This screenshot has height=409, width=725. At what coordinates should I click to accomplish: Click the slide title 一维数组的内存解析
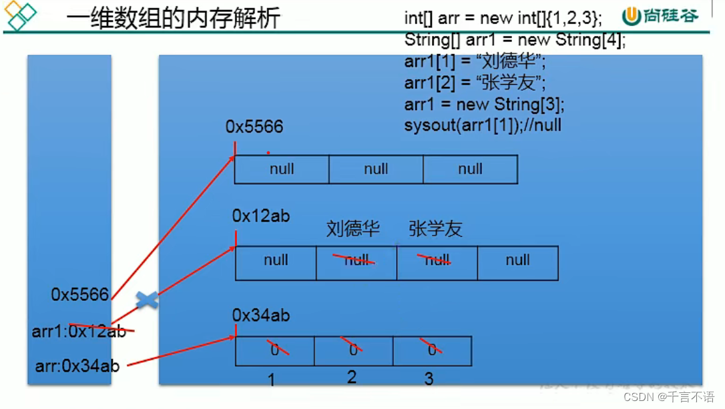[x=173, y=18]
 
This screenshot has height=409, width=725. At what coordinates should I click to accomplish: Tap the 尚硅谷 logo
[x=660, y=16]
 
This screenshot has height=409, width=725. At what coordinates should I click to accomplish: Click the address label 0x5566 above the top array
[x=254, y=127]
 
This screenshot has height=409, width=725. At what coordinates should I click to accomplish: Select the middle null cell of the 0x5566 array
[x=376, y=169]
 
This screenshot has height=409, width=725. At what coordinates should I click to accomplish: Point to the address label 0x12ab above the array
[x=260, y=216]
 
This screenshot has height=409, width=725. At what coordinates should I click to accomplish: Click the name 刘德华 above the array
[x=353, y=230]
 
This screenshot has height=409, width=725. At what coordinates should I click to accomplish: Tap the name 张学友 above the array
[x=435, y=230]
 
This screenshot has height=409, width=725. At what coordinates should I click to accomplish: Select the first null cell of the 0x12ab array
[x=276, y=261]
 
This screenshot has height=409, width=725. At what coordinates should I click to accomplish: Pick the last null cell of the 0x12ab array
[x=517, y=261]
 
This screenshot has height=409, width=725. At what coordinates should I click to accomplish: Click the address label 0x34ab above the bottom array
[x=260, y=316]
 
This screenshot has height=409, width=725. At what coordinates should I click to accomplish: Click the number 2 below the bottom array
[x=352, y=377]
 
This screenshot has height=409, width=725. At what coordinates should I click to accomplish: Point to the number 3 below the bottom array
[x=429, y=379]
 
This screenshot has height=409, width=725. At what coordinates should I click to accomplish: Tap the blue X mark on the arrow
[x=147, y=300]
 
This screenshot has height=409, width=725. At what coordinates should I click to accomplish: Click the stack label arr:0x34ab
[x=77, y=366]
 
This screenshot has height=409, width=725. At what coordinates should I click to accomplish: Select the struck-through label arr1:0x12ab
[x=79, y=331]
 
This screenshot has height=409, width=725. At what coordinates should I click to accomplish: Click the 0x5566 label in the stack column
[x=79, y=295]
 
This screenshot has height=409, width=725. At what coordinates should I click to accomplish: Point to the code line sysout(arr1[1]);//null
[x=483, y=125]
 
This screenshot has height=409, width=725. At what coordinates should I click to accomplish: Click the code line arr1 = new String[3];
[x=484, y=104]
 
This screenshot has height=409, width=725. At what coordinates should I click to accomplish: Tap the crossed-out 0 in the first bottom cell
[x=275, y=349]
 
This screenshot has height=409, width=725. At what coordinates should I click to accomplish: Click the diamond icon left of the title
[x=21, y=16]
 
